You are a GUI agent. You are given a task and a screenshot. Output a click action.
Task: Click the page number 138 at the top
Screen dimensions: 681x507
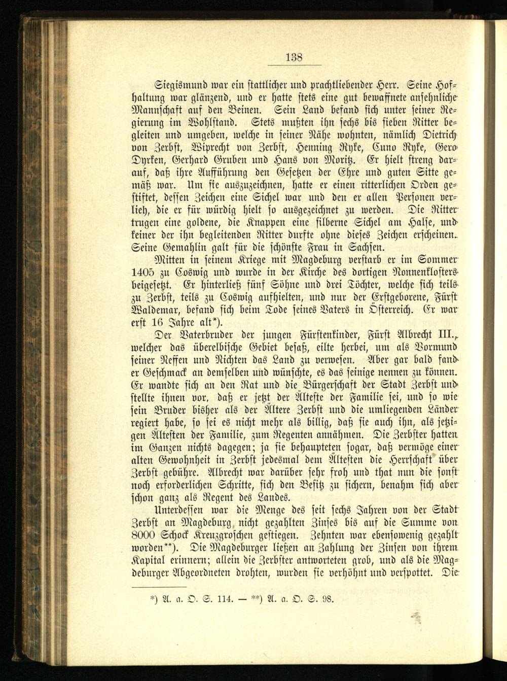click(294, 57)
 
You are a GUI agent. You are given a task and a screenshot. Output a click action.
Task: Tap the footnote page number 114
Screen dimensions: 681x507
click(224, 598)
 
